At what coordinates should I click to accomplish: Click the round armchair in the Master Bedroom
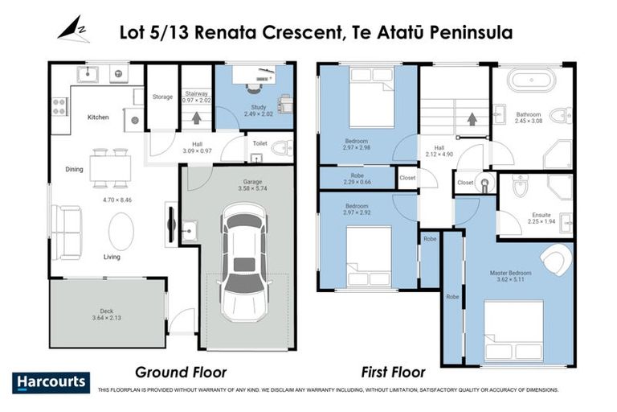(x=556, y=260)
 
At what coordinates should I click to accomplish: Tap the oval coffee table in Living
(x=121, y=232)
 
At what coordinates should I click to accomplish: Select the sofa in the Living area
(x=66, y=231)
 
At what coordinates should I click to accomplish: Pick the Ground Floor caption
(x=180, y=373)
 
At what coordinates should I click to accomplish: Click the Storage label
(x=162, y=97)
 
